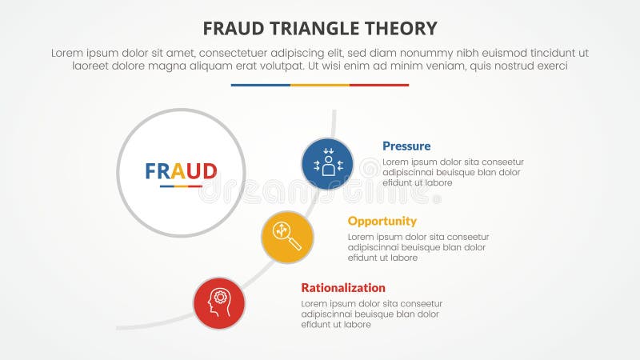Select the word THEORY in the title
click(402, 29)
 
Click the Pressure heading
click(406, 146)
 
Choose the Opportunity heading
click(382, 221)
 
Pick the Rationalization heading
click(343, 288)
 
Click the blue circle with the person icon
click(328, 164)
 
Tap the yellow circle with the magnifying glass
click(287, 237)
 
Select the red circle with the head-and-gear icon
click(219, 303)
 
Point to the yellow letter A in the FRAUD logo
click(180, 171)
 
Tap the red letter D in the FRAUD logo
click(209, 171)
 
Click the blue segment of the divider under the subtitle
click(260, 85)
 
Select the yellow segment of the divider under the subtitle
click(320, 85)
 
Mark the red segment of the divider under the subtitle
click(379, 85)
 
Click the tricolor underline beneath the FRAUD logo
click(181, 186)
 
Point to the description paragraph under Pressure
click(453, 172)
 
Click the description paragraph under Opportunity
click(418, 247)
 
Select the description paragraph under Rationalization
click(372, 314)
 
